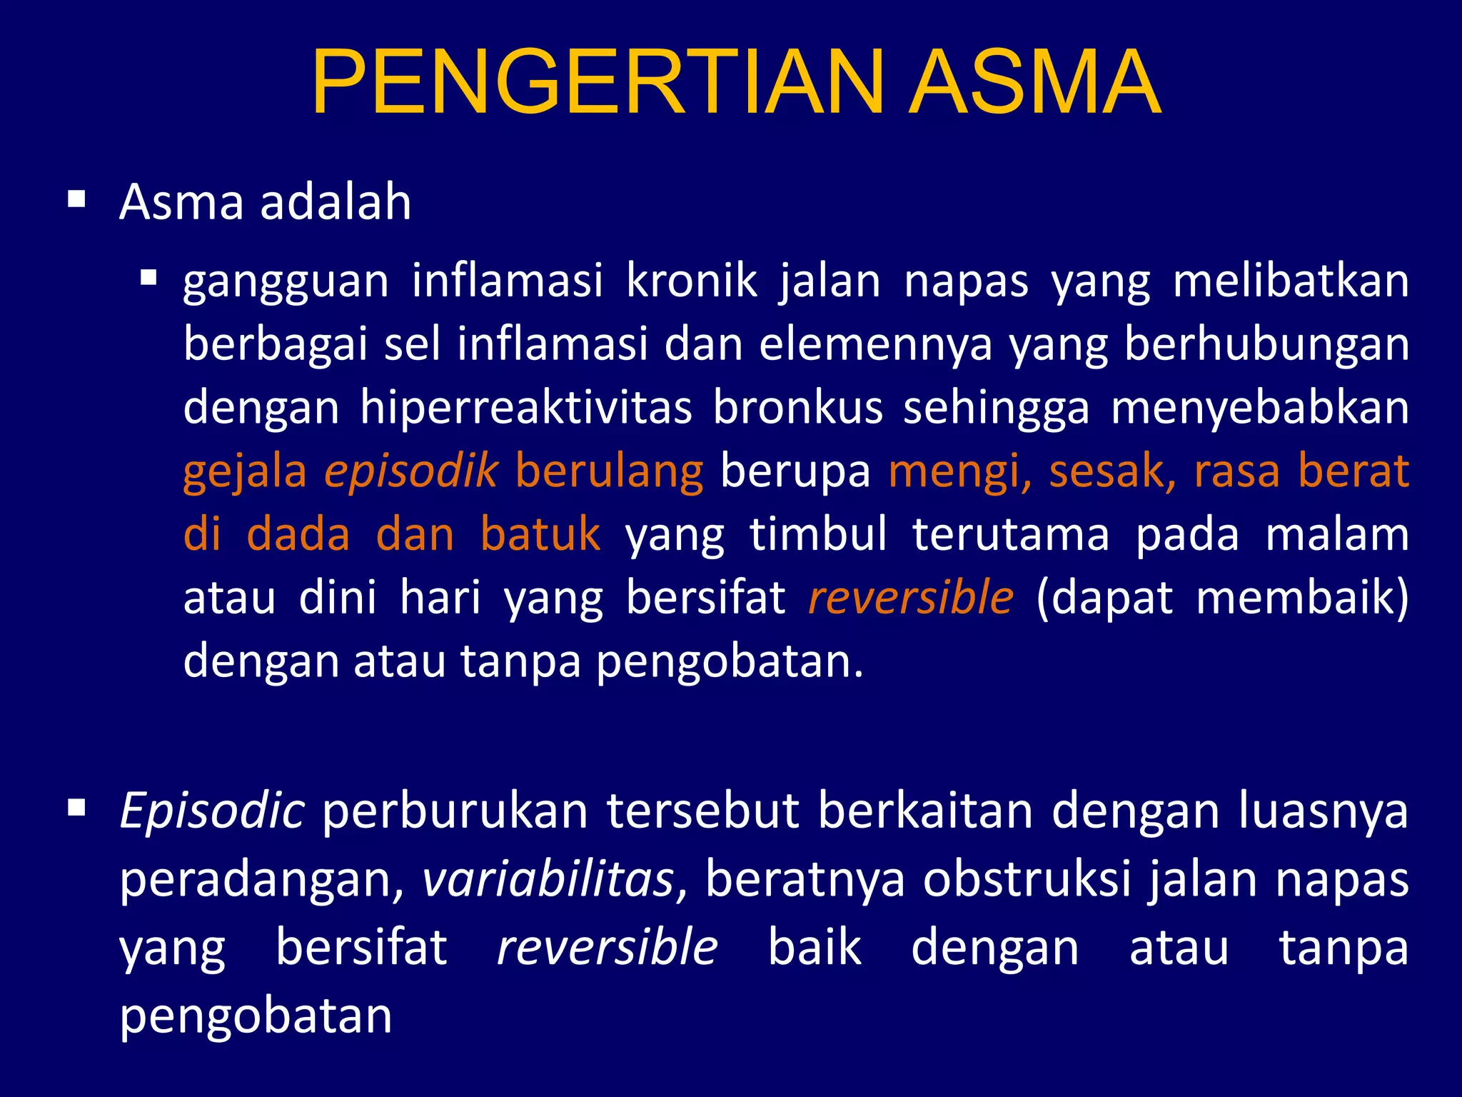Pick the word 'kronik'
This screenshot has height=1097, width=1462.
691,281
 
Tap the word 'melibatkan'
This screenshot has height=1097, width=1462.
1291,281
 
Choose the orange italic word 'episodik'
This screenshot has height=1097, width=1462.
410,471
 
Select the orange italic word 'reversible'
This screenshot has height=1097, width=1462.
910,598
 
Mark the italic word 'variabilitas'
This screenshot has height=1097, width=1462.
548,879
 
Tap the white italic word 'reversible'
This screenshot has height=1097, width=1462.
607,948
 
